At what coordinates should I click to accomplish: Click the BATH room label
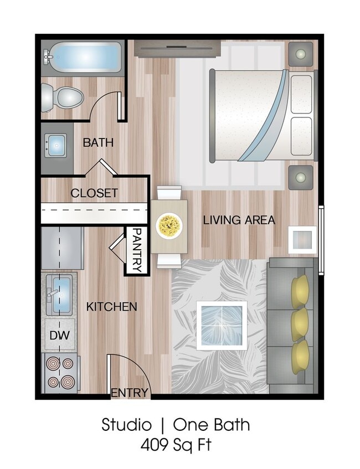pos(98,142)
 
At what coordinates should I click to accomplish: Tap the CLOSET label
pos(94,193)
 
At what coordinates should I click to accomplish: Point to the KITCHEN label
pos(111,306)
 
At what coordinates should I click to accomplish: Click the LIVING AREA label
pos(239,220)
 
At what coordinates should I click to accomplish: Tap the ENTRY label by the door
pos(130,393)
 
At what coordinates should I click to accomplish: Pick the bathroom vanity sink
pos(56,146)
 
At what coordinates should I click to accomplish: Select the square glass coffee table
pos(222,326)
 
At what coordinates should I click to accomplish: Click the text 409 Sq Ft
pos(176,444)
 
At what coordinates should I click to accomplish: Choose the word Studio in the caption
pos(126,425)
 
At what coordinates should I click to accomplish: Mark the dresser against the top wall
pos(178,49)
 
